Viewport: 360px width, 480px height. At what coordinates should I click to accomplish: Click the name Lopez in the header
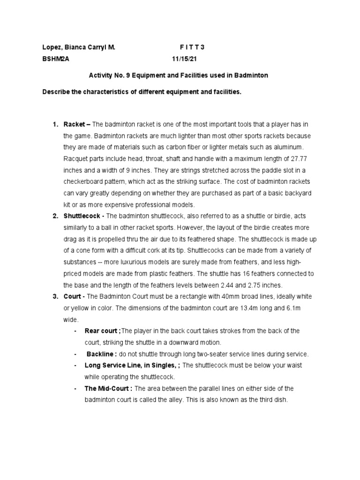(x=52, y=48)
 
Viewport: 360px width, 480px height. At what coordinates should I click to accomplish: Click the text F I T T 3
(x=192, y=48)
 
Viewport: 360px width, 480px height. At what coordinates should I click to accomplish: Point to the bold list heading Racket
(x=75, y=124)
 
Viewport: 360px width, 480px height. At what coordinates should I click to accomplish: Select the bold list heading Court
(x=73, y=297)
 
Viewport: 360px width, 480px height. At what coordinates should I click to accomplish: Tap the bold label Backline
(x=101, y=354)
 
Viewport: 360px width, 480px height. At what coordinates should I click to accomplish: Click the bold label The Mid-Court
(x=107, y=389)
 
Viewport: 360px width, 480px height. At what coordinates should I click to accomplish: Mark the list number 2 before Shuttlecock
(x=55, y=216)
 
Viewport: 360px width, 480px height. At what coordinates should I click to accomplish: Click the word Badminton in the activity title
(x=252, y=75)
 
